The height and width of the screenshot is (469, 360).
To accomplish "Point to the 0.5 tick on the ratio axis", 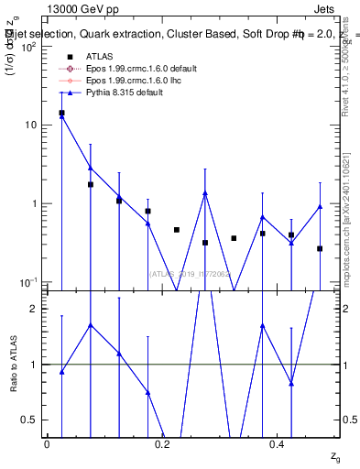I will [x=35, y=420].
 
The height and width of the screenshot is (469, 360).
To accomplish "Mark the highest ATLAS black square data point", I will [x=61, y=113].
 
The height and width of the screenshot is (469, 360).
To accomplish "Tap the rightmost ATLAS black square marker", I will [x=320, y=248].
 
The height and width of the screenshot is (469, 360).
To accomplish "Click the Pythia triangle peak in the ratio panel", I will [x=90, y=324].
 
